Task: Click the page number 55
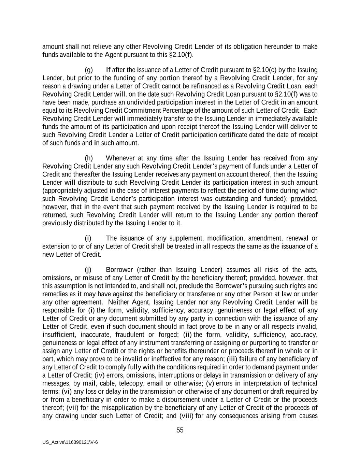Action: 180,430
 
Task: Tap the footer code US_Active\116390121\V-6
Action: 70,442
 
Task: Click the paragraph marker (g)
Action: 89,70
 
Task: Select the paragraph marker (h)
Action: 89,158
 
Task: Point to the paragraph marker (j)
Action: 88,270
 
